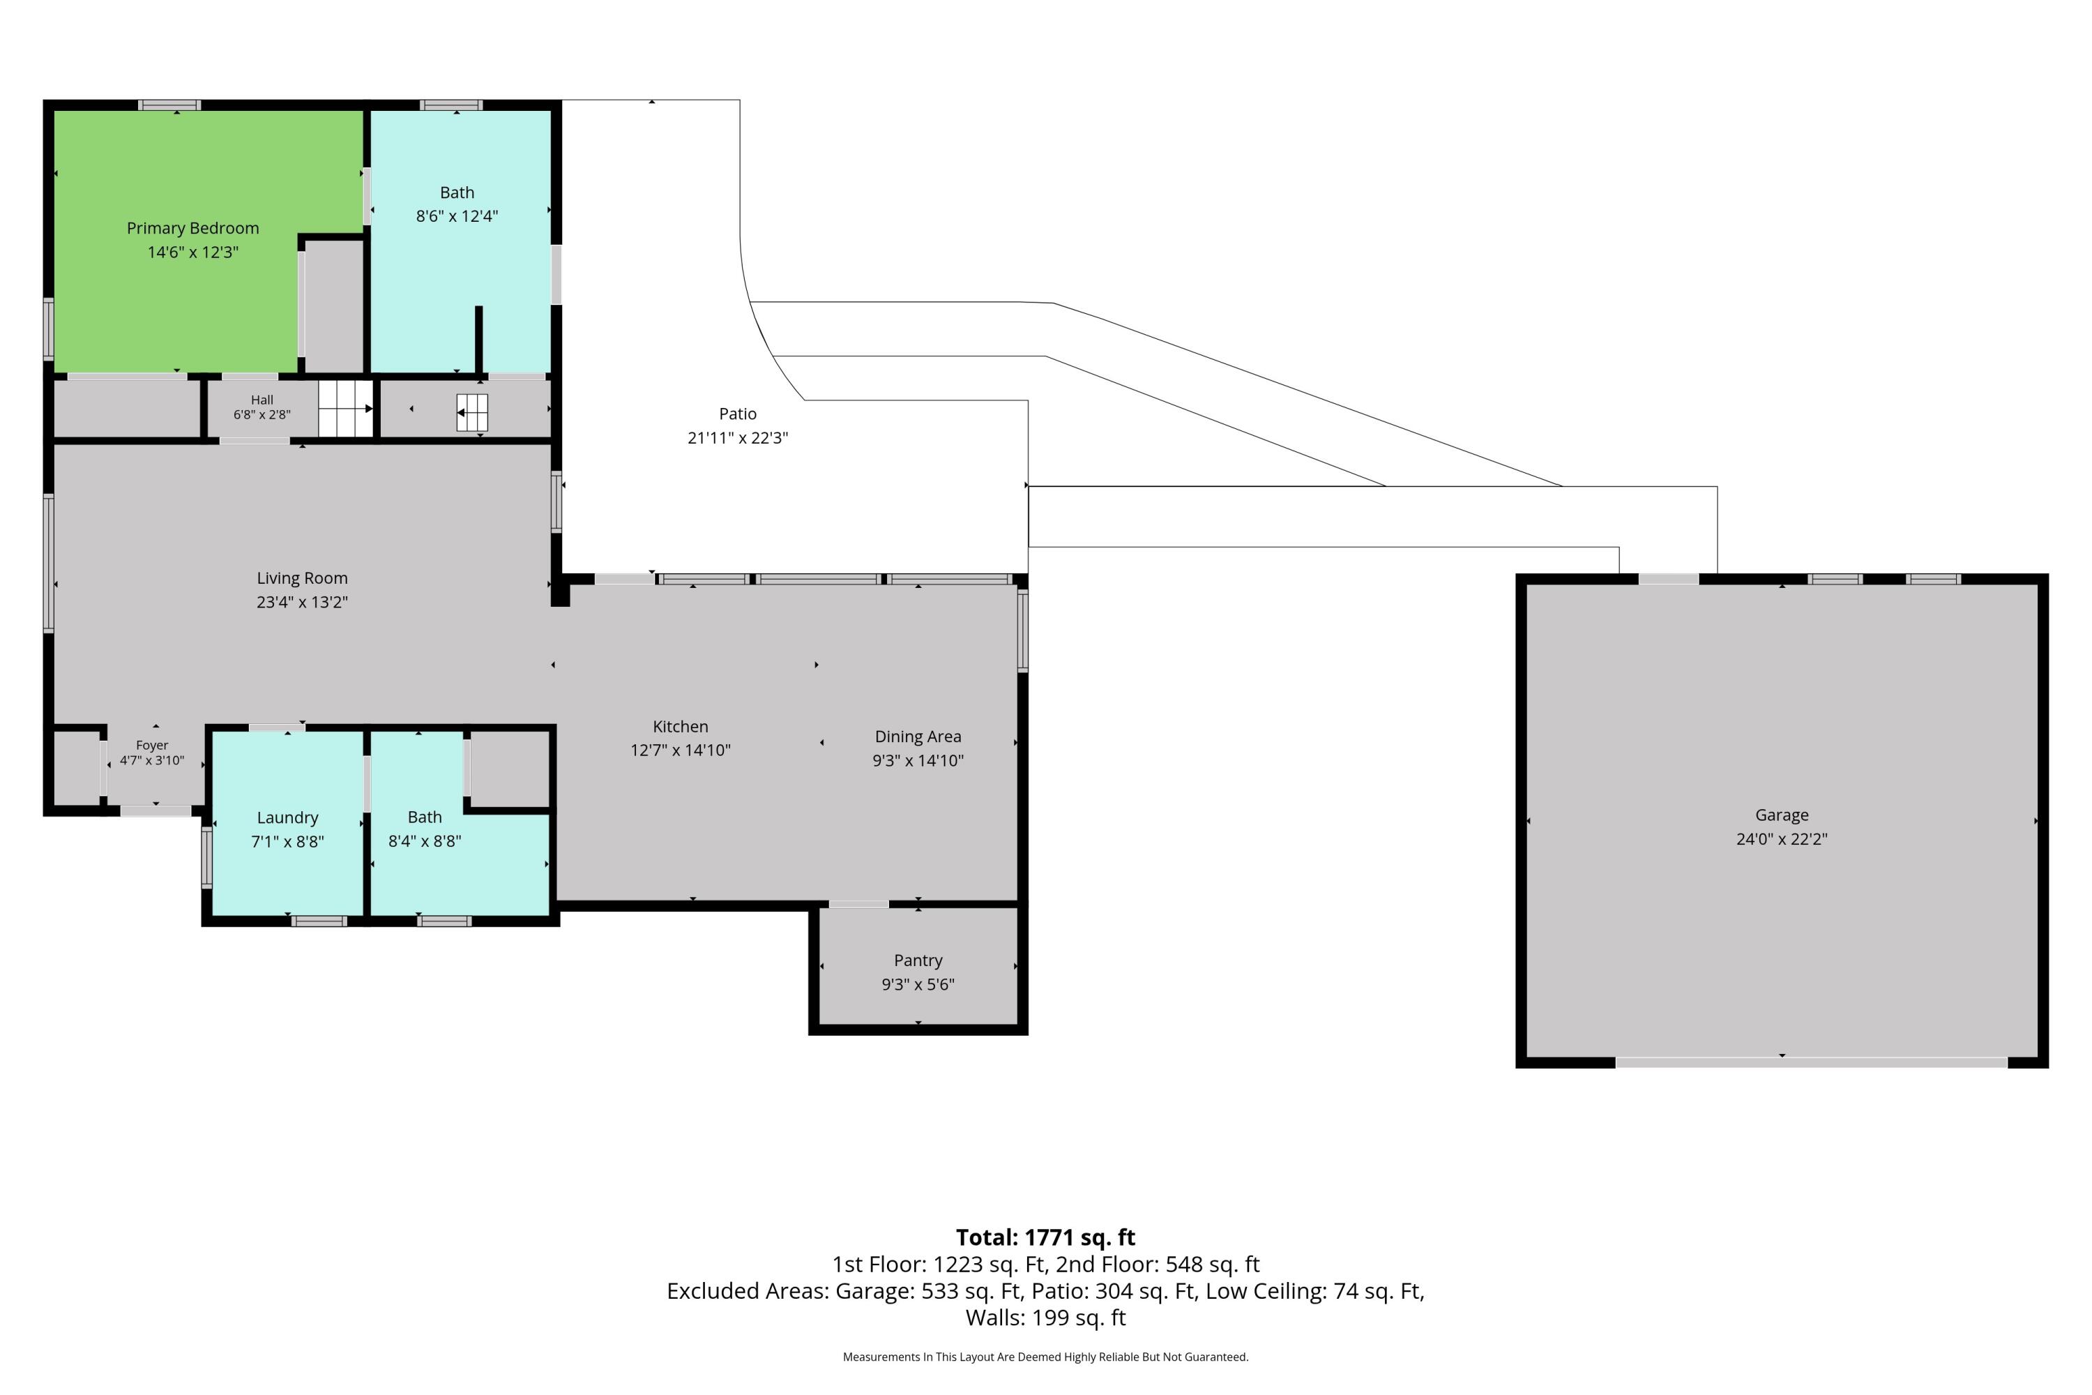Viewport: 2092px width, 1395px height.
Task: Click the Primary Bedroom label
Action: tap(193, 229)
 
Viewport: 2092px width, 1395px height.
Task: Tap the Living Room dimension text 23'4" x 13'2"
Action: tap(303, 603)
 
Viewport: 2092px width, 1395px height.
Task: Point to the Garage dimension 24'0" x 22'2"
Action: tap(1782, 839)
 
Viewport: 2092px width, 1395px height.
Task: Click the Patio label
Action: tap(738, 414)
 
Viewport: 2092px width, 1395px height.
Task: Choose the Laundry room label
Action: tap(287, 818)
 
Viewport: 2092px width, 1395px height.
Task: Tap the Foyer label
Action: tap(152, 746)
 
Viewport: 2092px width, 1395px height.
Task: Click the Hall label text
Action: tap(262, 400)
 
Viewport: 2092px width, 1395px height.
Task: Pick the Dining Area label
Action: tap(918, 737)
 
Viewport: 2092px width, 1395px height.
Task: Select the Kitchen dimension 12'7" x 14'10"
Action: tap(681, 750)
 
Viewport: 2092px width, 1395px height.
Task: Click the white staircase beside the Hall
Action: tap(345, 408)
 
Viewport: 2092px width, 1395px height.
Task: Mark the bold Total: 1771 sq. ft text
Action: tap(1046, 1237)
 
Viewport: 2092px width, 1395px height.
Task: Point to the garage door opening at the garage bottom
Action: tap(1811, 1062)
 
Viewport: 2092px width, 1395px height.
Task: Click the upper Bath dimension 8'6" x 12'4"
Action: tap(457, 216)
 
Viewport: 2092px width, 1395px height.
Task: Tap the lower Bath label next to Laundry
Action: tap(424, 817)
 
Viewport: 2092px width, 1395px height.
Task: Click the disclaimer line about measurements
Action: tap(1046, 1357)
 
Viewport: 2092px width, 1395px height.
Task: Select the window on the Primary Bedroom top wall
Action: tap(170, 105)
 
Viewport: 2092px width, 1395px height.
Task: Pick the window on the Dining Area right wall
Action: tap(1023, 630)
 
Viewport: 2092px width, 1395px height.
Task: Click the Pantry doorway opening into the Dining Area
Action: tap(858, 905)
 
